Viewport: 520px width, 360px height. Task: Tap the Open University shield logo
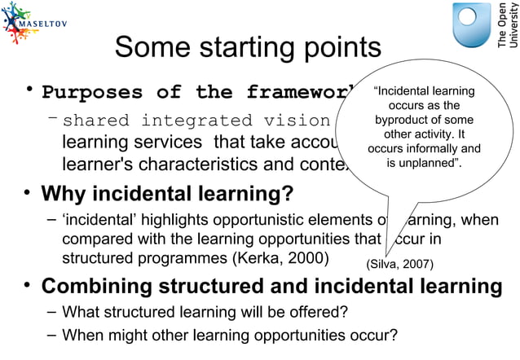(473, 25)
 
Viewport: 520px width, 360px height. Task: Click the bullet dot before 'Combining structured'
(27, 286)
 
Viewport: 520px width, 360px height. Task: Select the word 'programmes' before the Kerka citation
(177, 258)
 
